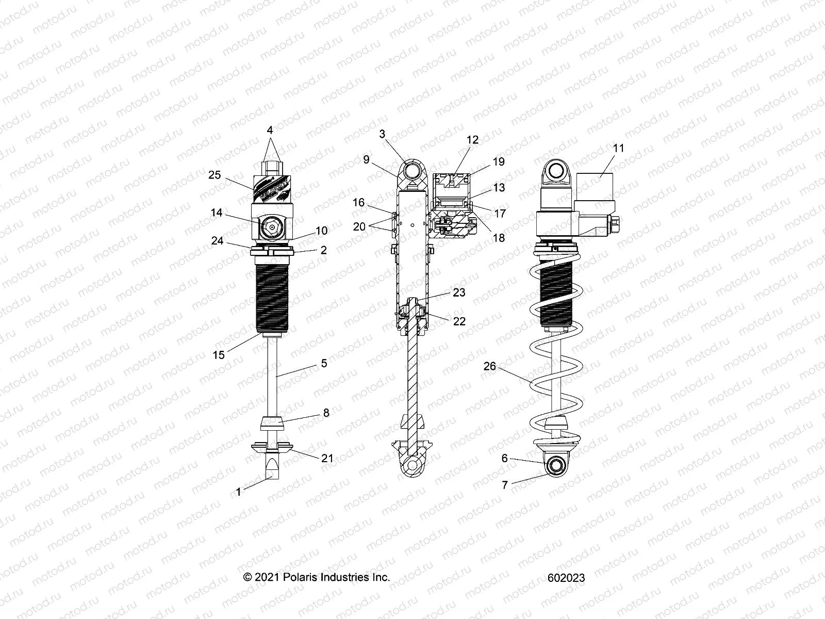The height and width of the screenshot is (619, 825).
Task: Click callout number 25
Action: (214, 175)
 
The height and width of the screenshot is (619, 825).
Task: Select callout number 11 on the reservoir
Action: (619, 148)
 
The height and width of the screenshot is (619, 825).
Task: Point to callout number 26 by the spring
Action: (489, 366)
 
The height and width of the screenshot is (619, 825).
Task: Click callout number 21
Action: (327, 458)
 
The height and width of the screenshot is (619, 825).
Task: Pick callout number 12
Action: (472, 140)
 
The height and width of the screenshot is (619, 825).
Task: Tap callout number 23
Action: (458, 292)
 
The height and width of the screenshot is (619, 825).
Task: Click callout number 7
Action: (505, 484)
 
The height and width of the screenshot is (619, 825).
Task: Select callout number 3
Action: (382, 134)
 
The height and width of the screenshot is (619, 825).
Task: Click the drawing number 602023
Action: (567, 578)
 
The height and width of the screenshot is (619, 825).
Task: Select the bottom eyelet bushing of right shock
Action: (557, 465)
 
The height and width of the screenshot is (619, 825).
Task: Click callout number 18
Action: (499, 238)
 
